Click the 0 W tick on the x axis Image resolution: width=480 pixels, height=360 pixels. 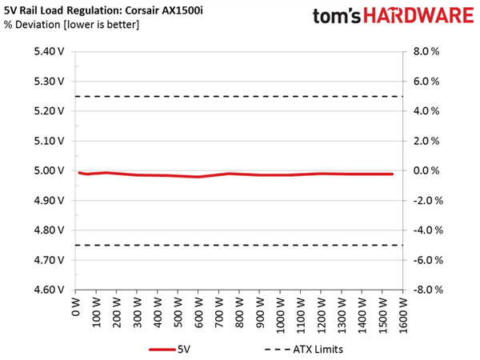(75, 307)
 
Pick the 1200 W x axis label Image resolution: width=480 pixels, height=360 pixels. (322, 312)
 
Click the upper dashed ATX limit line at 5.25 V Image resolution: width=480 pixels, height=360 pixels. (240, 96)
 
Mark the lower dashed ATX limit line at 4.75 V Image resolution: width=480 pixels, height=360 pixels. (240, 245)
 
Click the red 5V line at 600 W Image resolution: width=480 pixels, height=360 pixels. (198, 176)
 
